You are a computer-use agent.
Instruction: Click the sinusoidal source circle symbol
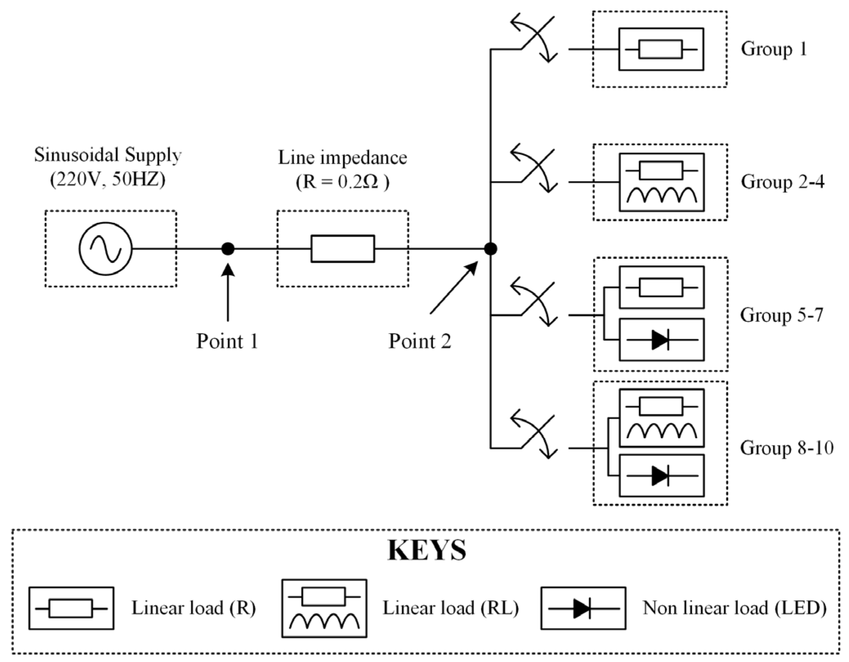click(105, 249)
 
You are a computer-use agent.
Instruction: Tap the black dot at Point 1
click(228, 249)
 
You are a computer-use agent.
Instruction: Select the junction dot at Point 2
click(490, 249)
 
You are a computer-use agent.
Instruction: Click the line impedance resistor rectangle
click(342, 249)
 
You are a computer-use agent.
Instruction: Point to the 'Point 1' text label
click(227, 341)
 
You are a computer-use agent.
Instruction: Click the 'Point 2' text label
click(420, 341)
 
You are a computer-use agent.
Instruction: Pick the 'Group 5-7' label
click(782, 315)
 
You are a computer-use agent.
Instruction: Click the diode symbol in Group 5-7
click(660, 340)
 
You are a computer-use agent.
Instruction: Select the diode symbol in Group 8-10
click(660, 476)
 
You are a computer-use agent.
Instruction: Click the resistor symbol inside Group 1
click(660, 49)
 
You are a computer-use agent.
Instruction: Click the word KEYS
click(427, 551)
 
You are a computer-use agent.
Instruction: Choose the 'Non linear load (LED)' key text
click(734, 608)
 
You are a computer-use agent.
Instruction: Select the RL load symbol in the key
click(324, 608)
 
